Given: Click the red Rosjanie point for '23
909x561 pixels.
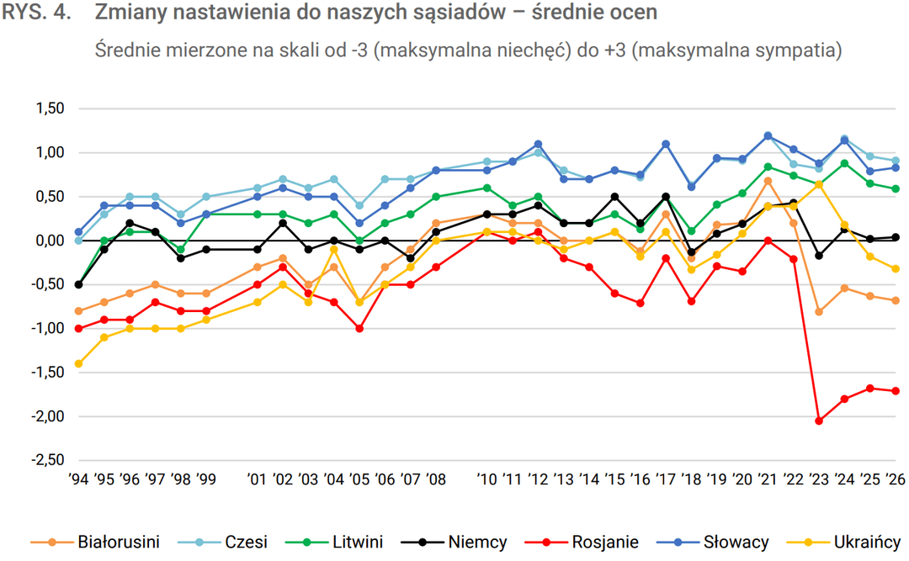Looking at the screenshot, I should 819,421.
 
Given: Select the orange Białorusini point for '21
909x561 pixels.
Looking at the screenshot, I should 768,181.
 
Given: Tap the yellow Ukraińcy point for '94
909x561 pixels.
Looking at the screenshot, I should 78,363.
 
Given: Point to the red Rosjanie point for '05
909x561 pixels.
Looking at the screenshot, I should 359,329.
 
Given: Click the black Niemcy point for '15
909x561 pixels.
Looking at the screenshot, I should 614,197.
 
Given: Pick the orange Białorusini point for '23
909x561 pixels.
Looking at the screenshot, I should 819,312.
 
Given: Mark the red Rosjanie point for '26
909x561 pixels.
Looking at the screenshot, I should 896,391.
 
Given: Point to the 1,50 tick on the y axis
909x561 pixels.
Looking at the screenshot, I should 50,108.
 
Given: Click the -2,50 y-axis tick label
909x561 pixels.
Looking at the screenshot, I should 48,460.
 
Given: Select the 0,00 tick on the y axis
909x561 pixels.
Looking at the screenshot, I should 50,241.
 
